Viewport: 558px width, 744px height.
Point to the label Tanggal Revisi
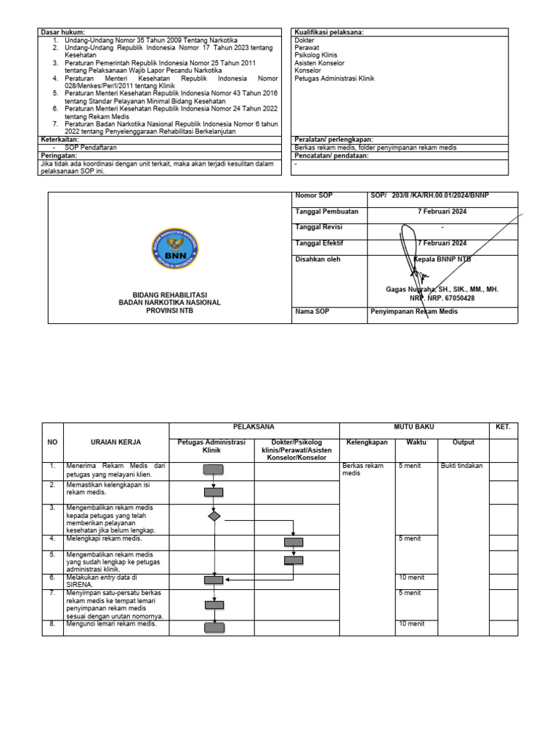coord(319,227)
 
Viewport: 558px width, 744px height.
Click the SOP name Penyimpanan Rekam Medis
coord(414,312)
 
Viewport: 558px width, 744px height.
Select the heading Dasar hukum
coord(63,33)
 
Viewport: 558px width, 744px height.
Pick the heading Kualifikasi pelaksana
coord(329,33)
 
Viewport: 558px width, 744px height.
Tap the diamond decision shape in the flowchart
coord(214,516)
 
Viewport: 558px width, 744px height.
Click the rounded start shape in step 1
coord(214,470)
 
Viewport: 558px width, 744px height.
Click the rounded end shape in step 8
coord(214,628)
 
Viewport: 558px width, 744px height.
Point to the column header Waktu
coord(416,442)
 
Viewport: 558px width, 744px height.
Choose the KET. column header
coord(503,426)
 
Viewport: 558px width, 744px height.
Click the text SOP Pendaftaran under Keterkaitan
coord(86,147)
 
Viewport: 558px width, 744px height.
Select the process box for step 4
coord(294,541)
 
